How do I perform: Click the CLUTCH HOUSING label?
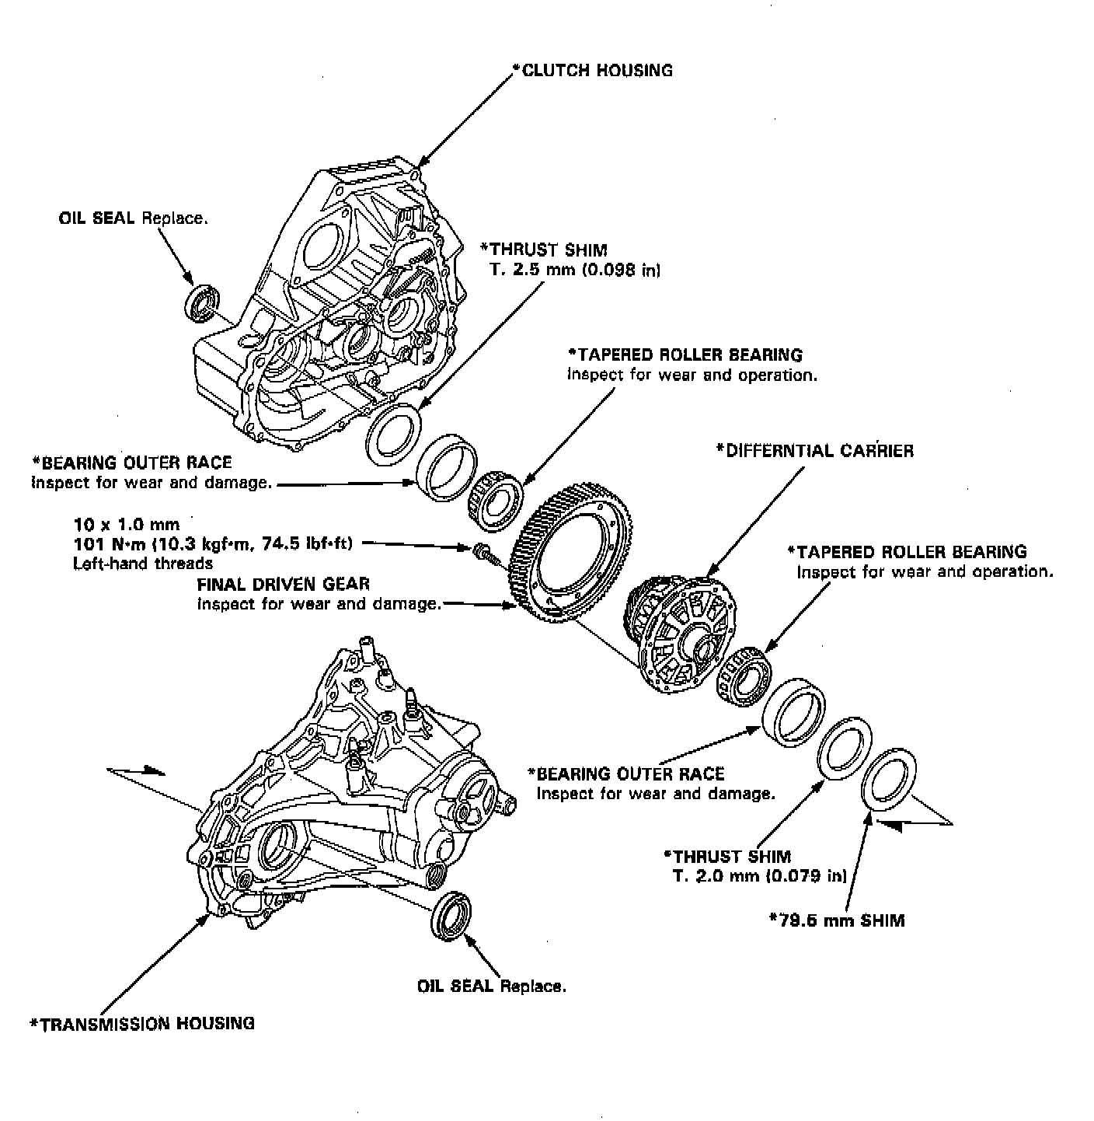595,70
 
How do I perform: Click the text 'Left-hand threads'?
143,563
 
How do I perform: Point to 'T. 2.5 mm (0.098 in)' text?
576,270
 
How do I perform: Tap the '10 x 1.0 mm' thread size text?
126,524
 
